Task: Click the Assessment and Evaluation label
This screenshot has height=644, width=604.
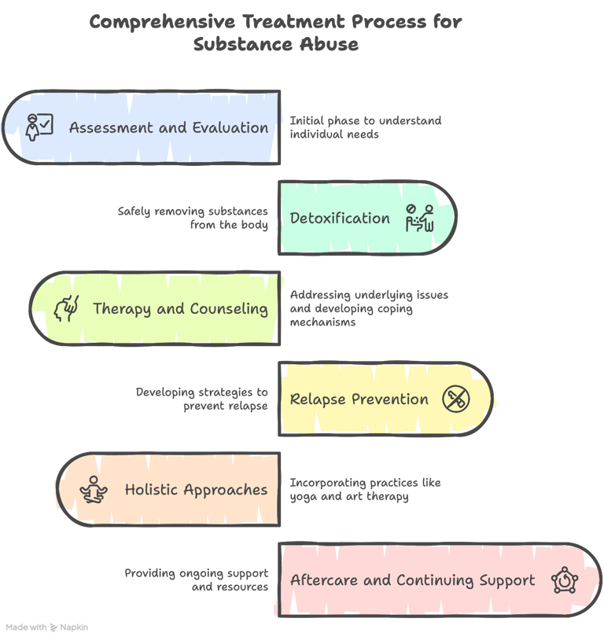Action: coord(168,127)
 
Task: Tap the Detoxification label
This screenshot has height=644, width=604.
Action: coord(340,218)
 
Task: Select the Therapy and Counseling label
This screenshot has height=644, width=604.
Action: coord(180,308)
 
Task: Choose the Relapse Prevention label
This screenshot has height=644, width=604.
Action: coord(359,399)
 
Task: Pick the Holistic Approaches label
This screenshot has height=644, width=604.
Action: coord(196,489)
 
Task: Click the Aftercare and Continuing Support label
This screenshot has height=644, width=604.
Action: coord(412,580)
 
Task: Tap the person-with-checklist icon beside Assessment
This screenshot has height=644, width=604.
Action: coord(39,127)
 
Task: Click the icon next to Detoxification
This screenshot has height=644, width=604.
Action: coord(419,218)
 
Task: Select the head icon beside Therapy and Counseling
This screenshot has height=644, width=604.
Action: coord(66,309)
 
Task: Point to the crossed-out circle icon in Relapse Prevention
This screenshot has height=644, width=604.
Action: coord(455,399)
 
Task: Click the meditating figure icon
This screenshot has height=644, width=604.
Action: coord(94,490)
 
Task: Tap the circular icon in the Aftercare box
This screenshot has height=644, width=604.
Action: coord(564,580)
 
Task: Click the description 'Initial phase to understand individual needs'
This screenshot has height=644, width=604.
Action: coord(366,127)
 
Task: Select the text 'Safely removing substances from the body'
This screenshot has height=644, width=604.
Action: coord(193,218)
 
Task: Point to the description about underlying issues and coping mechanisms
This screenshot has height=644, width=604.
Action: coord(369,308)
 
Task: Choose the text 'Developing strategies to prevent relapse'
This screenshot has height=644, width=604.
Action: coord(201,399)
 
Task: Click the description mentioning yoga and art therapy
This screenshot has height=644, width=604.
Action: coord(366,489)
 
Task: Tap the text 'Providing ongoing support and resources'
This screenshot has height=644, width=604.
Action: coord(196,580)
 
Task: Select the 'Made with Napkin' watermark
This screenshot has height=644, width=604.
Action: coord(47,627)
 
